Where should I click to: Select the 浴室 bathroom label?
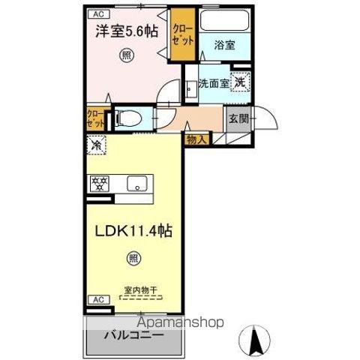coord(224,45)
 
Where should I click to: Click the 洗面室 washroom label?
coord(214,82)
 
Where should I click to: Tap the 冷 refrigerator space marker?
coord(97,145)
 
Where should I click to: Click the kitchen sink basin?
coord(136,183)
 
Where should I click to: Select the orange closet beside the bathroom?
coord(181,32)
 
